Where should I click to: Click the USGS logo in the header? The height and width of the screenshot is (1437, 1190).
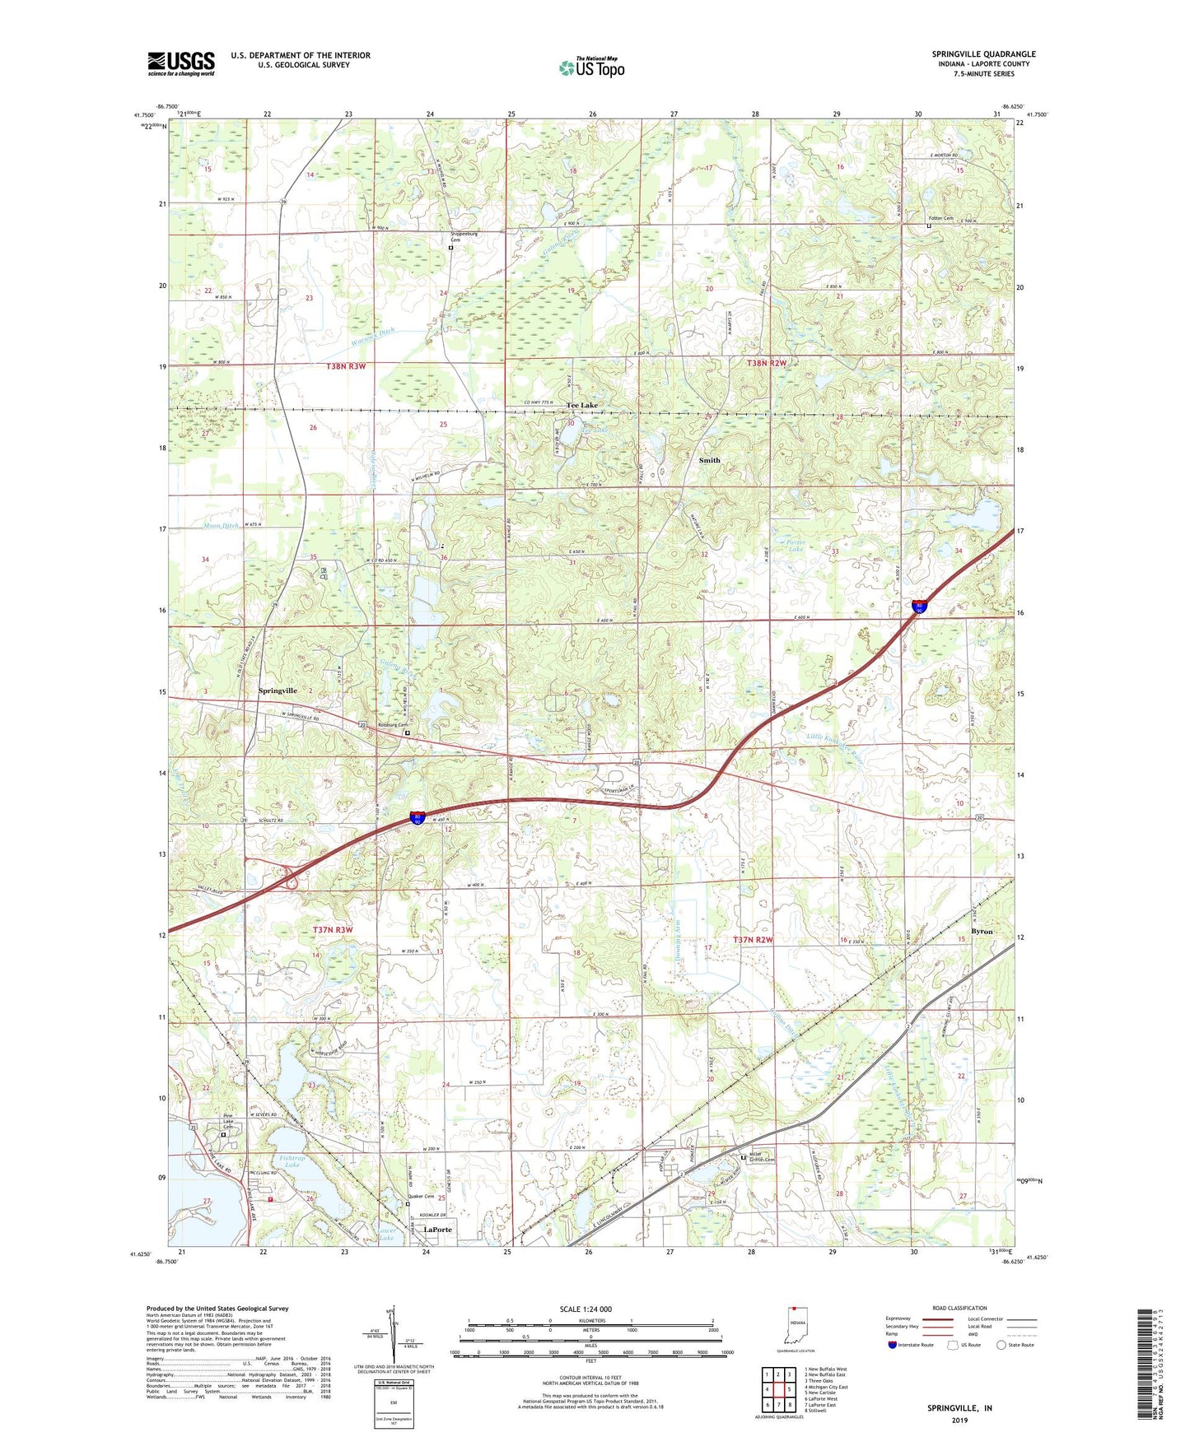coord(181,63)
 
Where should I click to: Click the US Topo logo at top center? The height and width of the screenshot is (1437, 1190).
coord(591,67)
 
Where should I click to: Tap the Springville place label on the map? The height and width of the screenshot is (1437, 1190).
coord(278,691)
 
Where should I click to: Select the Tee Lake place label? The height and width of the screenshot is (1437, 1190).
coord(581,406)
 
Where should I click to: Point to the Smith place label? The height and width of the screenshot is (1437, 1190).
coord(709,460)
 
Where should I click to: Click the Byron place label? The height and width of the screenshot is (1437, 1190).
coord(982,932)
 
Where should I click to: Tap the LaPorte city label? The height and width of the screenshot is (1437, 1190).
coord(438,1230)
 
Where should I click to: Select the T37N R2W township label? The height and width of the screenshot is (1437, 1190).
coord(760,940)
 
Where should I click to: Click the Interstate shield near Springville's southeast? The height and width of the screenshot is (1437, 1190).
coord(418,817)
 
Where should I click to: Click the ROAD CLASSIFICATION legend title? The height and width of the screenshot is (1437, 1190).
coord(959,1308)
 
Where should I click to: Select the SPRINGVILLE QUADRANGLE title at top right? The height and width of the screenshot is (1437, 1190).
coord(983,54)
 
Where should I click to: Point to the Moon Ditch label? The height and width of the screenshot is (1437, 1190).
coord(220,525)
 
